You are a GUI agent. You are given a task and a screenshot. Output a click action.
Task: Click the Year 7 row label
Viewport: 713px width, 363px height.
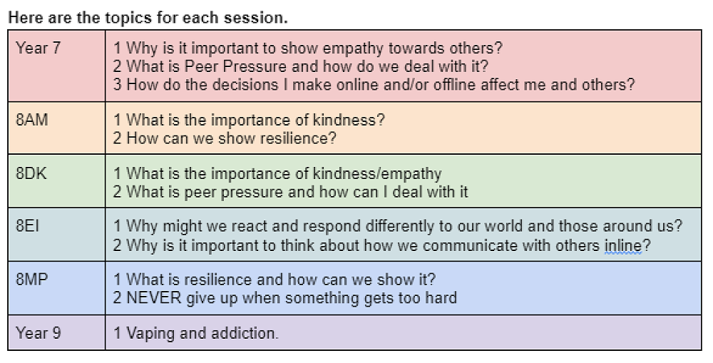(x=39, y=48)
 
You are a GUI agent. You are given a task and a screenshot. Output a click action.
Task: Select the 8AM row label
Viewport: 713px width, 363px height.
(x=32, y=120)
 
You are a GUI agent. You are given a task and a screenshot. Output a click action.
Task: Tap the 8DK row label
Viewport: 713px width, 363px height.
(x=31, y=173)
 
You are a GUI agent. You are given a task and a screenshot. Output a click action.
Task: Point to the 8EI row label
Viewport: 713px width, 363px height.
(x=27, y=226)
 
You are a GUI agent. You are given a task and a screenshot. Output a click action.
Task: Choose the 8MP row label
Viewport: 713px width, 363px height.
(x=32, y=279)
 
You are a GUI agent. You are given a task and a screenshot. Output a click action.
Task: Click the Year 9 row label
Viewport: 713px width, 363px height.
(x=39, y=332)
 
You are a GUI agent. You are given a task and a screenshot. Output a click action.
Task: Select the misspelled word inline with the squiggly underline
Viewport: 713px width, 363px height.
(x=622, y=245)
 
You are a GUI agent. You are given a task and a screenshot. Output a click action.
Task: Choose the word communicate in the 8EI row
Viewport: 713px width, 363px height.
(x=470, y=245)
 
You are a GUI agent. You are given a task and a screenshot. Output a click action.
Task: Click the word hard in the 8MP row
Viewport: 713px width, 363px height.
(x=441, y=298)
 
